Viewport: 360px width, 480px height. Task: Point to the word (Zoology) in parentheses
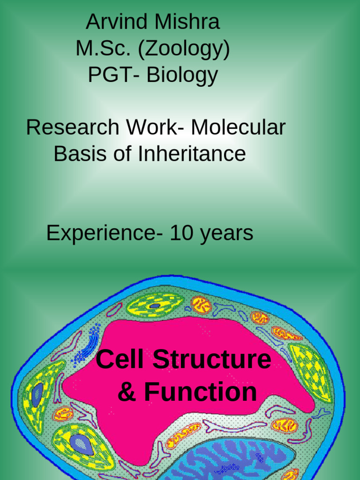click(184, 50)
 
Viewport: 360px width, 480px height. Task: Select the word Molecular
click(238, 127)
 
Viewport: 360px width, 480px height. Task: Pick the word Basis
click(80, 154)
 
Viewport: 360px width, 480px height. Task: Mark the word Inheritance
click(192, 154)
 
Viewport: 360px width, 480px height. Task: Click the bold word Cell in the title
click(120, 360)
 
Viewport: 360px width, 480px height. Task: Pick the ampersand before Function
click(126, 392)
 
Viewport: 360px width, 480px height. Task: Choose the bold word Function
click(200, 392)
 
